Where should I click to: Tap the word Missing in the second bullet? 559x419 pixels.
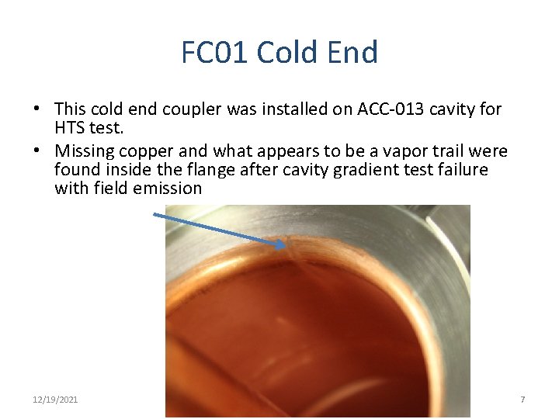pos(84,151)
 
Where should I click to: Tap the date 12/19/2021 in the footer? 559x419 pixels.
pos(56,400)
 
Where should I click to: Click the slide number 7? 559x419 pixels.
pos(523,400)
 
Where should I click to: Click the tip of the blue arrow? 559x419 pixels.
pos(285,245)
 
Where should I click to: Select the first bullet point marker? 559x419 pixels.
pos(36,109)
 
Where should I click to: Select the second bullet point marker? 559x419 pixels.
pos(36,151)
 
